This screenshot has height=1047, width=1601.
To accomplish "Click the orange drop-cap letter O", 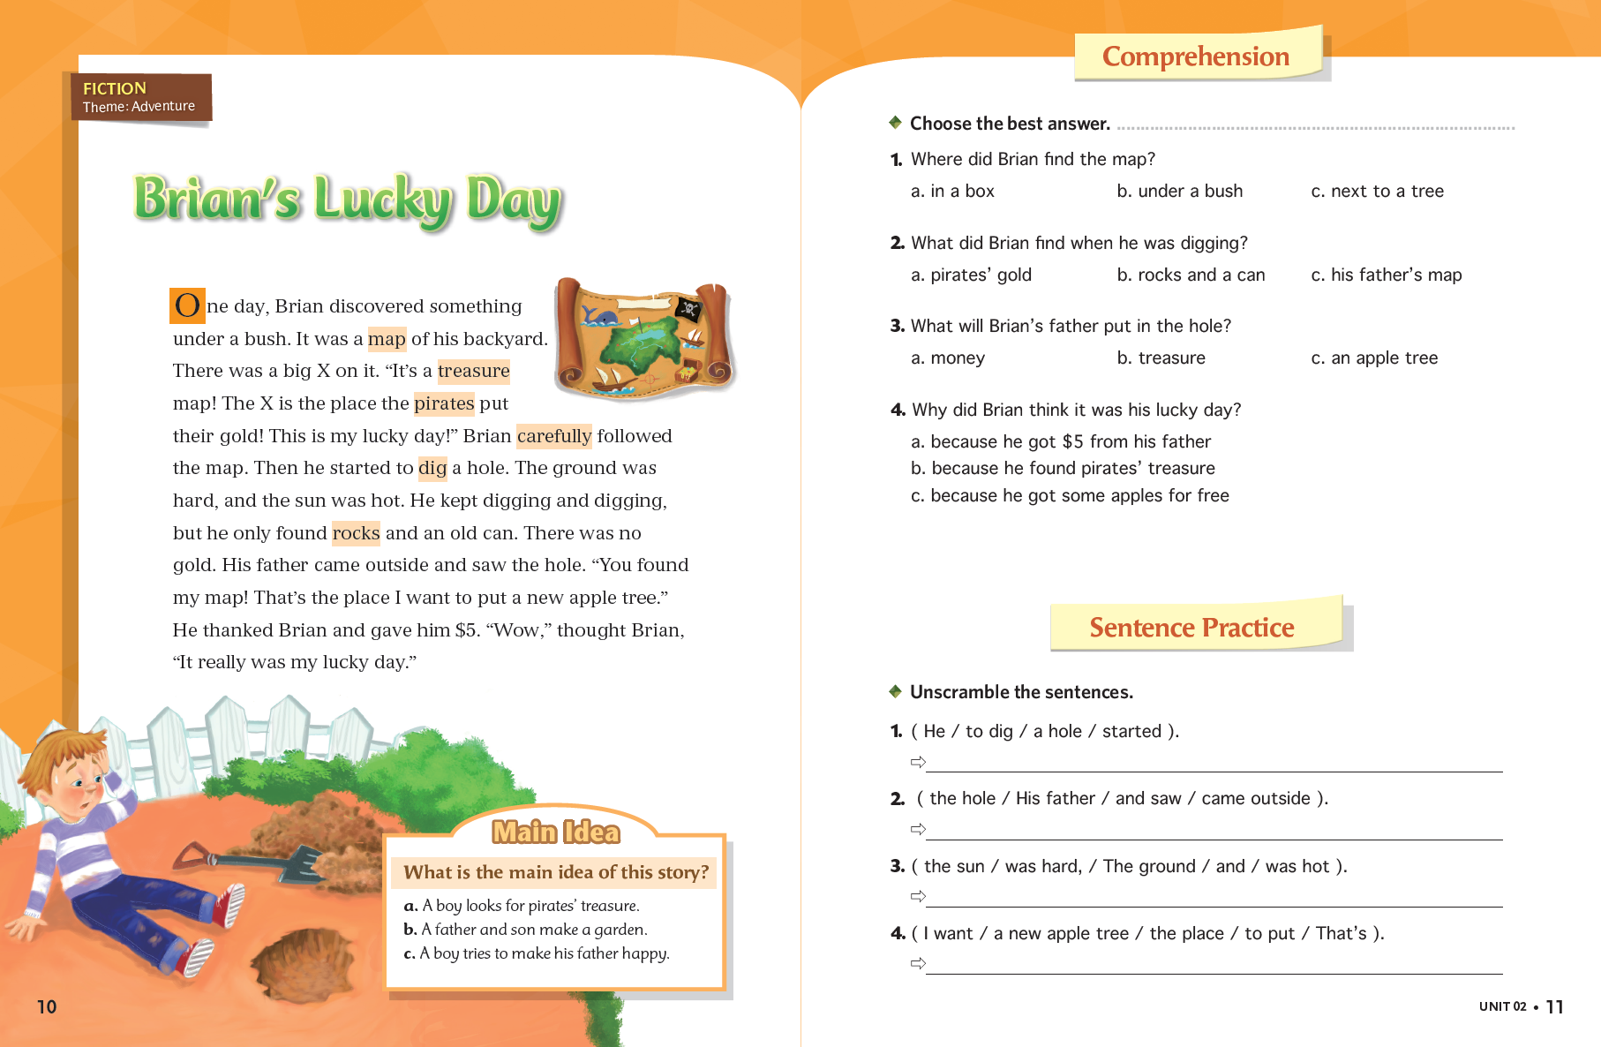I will tap(187, 305).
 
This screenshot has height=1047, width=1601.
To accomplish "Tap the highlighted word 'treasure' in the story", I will tap(473, 371).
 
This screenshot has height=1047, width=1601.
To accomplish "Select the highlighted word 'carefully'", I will tap(553, 435).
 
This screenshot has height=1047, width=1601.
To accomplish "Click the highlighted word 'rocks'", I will tap(356, 532).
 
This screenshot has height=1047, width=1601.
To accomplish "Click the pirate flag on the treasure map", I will tap(688, 309).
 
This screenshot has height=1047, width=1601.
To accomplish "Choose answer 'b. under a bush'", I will tap(1179, 191).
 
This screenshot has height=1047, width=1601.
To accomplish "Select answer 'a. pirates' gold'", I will tap(971, 275).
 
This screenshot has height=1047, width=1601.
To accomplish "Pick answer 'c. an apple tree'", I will tap(1374, 358).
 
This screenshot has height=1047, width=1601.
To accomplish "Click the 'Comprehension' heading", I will tap(1195, 56).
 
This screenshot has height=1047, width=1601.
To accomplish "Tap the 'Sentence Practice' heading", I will tap(1191, 627).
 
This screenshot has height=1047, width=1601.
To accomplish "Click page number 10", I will tap(47, 1006).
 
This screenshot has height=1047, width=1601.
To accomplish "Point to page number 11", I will tap(1554, 1006).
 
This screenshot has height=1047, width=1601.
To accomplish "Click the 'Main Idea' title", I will tap(556, 832).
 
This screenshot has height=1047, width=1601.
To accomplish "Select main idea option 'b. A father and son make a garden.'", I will tap(526, 929).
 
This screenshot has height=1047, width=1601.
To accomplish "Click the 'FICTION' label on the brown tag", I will tap(115, 88).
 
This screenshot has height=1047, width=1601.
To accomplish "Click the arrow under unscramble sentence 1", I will tap(918, 762).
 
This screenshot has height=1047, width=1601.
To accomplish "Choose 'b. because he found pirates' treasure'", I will tap(1063, 468).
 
